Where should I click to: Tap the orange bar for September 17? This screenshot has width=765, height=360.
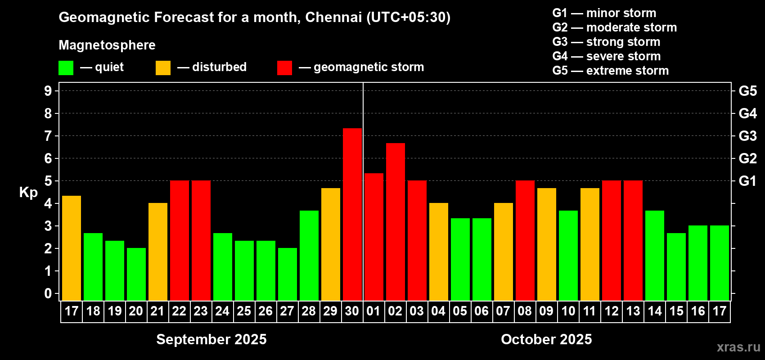tap(72, 248)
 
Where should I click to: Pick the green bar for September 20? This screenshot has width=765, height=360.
tap(136, 274)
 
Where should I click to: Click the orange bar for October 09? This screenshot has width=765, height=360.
tap(547, 244)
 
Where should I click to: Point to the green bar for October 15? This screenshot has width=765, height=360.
tap(676, 266)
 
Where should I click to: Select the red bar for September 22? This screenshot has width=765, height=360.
tap(180, 240)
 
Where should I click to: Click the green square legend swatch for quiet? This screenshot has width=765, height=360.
tap(66, 68)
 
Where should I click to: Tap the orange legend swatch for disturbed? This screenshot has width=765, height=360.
tap(163, 68)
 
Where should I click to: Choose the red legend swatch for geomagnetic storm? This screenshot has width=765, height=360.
tap(284, 68)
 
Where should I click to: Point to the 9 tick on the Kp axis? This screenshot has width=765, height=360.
tap(48, 91)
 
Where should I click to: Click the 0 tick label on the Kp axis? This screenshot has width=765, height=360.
tap(48, 294)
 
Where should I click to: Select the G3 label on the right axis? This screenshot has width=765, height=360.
tap(747, 136)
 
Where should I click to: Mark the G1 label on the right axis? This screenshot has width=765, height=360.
tap(747, 181)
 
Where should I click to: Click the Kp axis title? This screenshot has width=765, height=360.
tap(28, 193)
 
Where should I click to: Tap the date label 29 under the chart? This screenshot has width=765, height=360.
tap(330, 311)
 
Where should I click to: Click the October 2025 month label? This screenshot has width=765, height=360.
tap(546, 339)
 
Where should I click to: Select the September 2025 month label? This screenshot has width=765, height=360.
tap(211, 339)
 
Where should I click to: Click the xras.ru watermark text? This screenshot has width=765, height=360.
tap(738, 347)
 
